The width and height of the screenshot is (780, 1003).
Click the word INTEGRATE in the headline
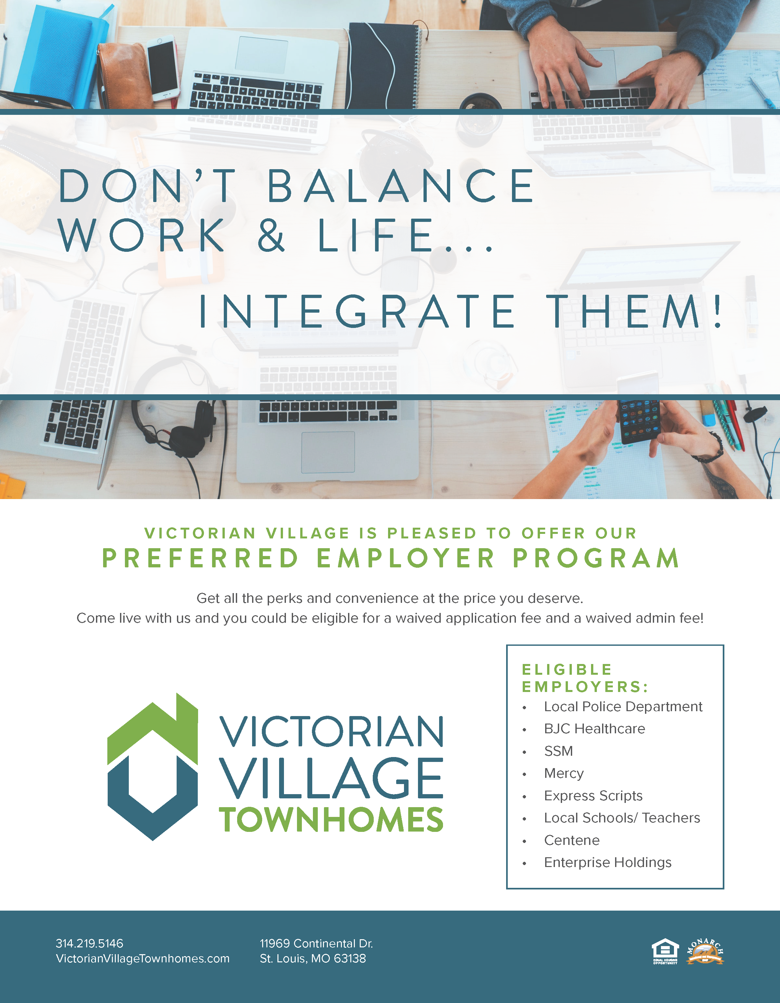[357, 312]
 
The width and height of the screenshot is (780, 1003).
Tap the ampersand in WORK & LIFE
[271, 235]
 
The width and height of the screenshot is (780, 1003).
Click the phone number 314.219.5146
[89, 943]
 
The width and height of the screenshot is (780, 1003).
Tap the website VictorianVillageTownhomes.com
[142, 958]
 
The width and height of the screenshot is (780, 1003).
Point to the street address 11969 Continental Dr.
[316, 943]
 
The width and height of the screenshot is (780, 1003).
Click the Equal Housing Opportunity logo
[665, 952]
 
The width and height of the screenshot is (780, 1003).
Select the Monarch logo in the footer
[705, 951]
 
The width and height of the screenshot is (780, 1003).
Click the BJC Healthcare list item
[595, 728]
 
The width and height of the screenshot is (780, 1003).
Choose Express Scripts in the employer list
[593, 795]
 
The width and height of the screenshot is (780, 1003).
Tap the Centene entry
[572, 840]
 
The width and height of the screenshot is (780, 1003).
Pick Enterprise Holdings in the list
[607, 862]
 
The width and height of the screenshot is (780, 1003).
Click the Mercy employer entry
[564, 773]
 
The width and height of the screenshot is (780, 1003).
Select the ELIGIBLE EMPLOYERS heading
[585, 678]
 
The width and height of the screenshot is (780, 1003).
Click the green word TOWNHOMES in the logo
[331, 820]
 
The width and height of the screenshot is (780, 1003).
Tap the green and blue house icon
[153, 767]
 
